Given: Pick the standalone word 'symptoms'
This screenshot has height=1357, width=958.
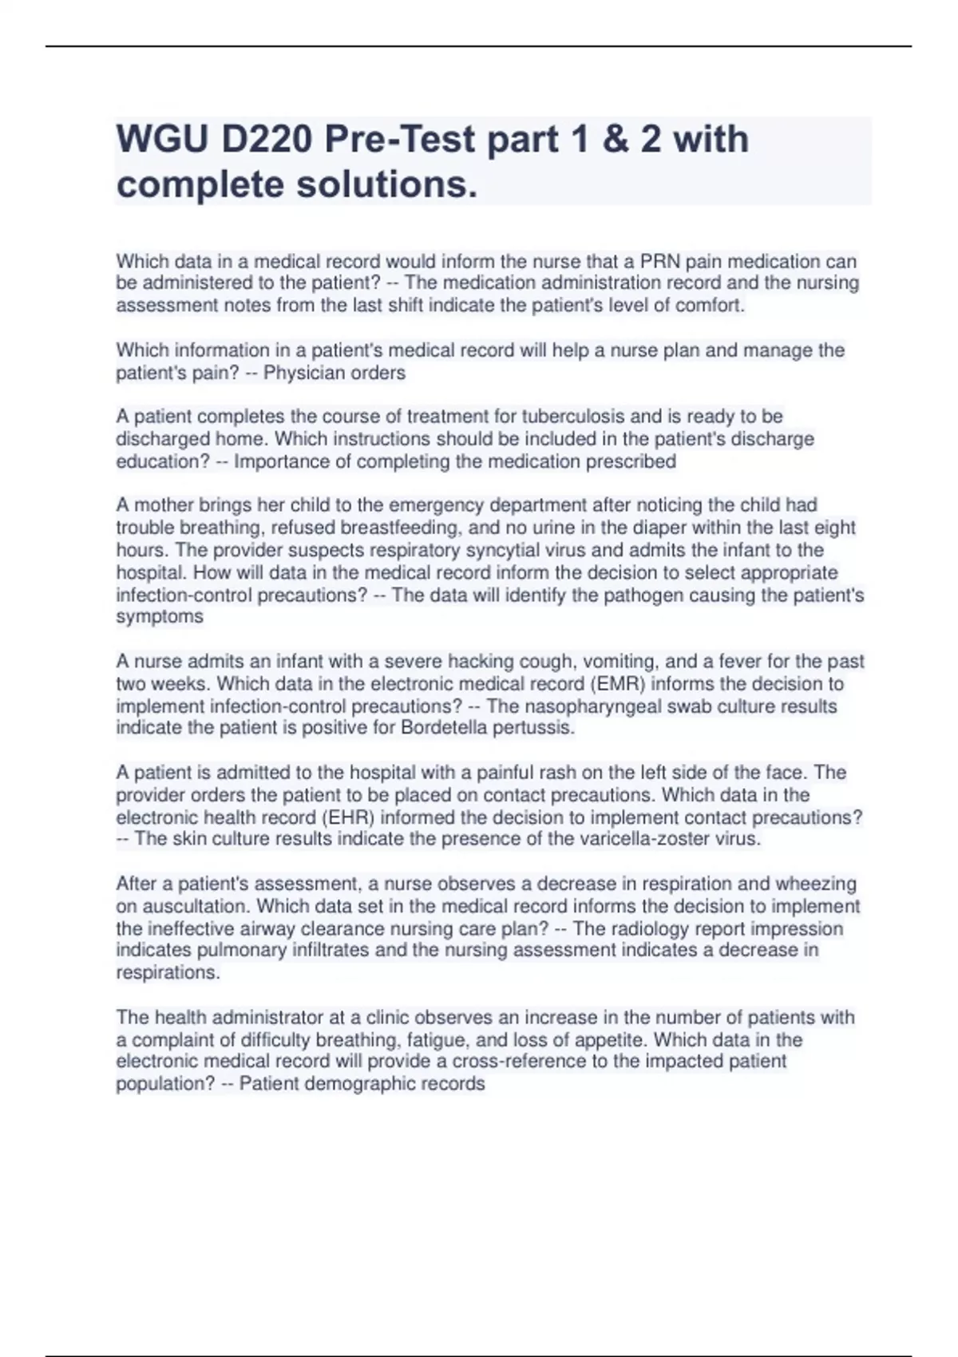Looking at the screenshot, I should coord(160,616).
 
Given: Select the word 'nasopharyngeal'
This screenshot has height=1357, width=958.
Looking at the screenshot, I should coord(592,706).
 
